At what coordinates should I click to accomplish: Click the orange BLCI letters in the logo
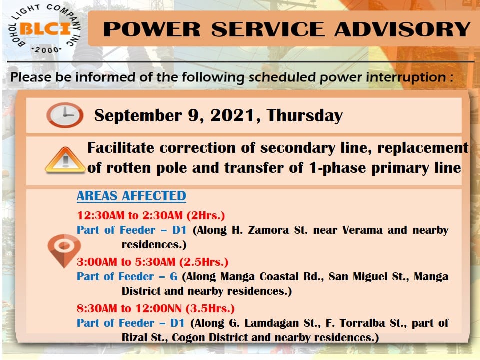[45, 29]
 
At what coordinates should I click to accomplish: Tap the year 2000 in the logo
[47, 50]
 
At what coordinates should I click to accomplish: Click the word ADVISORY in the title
[402, 29]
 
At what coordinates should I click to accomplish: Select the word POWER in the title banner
[152, 29]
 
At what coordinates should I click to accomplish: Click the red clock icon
[65, 115]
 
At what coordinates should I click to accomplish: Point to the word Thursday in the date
[304, 116]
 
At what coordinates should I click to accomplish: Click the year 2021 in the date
[232, 115]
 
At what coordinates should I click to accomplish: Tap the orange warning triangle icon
[65, 160]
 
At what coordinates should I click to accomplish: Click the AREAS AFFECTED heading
[131, 196]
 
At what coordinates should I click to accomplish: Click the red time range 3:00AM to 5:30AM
[126, 262]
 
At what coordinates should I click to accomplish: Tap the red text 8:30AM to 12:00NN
[129, 308]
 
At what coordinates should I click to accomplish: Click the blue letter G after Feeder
[174, 276]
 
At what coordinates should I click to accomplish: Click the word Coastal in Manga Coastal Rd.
[279, 276]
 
